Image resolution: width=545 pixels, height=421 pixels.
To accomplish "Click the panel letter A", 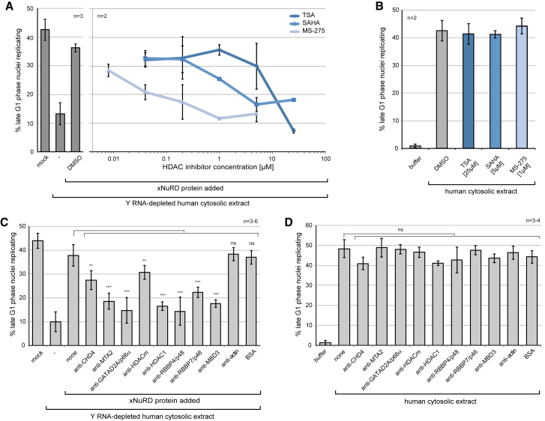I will click(x=6, y=6).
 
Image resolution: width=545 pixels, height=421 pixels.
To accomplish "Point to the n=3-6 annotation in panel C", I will click(x=252, y=222).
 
